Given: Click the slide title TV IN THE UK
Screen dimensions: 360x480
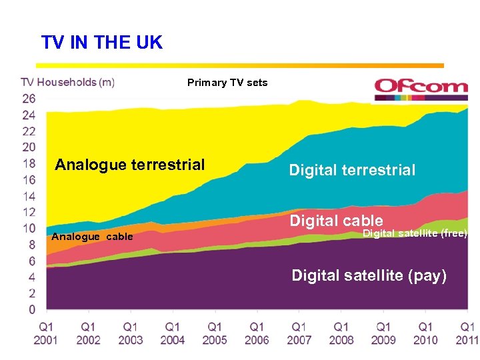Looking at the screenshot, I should click(x=101, y=43).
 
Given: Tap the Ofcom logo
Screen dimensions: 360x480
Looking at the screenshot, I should click(x=421, y=87).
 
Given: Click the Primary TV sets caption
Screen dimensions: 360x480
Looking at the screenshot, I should click(x=227, y=83).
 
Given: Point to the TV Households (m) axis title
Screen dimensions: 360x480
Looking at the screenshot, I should click(x=67, y=82).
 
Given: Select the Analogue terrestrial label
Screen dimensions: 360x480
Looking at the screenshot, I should click(x=130, y=165).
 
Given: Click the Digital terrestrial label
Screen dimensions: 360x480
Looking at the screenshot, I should click(x=352, y=170).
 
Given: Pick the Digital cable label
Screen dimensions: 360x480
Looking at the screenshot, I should click(x=336, y=221).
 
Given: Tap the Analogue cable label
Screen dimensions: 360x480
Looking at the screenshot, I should click(x=92, y=237).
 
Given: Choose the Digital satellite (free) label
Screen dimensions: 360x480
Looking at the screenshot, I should click(x=415, y=233).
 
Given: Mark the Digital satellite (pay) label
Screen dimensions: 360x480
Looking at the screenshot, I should click(x=369, y=275).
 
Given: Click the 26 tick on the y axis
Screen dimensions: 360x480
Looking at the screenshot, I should click(x=28, y=99).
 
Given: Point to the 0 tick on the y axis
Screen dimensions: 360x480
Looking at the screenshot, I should click(x=31, y=309).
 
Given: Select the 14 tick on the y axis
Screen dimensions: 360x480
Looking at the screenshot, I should click(x=28, y=196).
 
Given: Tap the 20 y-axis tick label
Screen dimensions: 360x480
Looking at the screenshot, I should click(x=28, y=147).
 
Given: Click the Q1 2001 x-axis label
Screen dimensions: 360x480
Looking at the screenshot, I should click(x=46, y=333).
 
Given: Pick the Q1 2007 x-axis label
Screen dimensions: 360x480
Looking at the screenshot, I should click(x=299, y=333).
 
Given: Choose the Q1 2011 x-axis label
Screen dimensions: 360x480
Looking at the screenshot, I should click(x=467, y=333).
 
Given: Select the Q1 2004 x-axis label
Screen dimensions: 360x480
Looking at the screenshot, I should click(x=172, y=333).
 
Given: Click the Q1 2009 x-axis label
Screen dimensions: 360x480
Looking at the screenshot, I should click(x=383, y=333).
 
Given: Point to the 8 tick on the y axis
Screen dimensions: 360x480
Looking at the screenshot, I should click(x=31, y=245).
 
